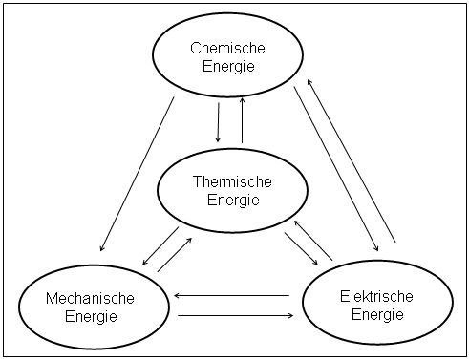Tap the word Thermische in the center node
(x=232, y=181)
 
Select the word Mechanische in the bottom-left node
(x=90, y=299)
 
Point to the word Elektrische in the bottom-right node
(x=376, y=297)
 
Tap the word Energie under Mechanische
(x=90, y=316)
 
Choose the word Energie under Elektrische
(x=376, y=314)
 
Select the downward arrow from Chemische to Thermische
(x=219, y=118)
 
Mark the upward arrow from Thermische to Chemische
(x=243, y=118)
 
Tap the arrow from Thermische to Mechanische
(x=160, y=247)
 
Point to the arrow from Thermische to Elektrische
(x=301, y=247)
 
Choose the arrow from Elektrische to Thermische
(x=312, y=239)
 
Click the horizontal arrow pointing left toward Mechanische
(x=233, y=296)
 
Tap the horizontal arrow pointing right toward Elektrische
(x=233, y=315)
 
